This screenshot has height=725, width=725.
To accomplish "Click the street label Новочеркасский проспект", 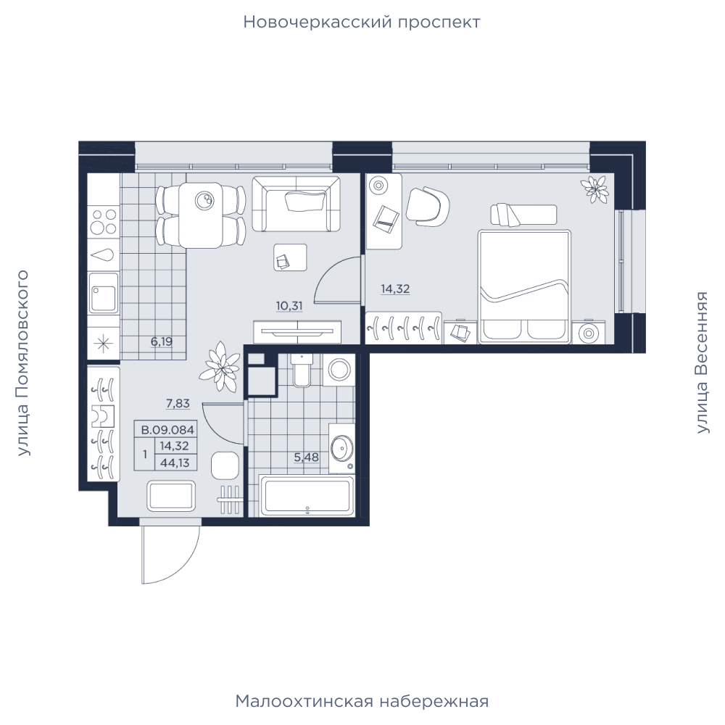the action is click(362, 22).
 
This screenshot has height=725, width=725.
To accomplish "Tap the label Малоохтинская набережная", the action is click(362, 701).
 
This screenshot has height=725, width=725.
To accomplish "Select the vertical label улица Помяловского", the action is click(22, 363).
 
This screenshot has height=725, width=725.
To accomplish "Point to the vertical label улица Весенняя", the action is click(702, 362).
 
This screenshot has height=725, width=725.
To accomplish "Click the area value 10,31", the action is click(289, 306).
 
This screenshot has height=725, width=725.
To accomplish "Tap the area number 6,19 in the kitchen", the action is click(162, 341).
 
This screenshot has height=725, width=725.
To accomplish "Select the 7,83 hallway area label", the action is click(178, 404).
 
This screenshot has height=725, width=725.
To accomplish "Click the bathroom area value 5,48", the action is click(307, 457).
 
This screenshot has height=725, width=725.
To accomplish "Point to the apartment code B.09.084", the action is click(167, 430).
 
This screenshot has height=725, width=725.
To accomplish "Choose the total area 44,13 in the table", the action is click(175, 463).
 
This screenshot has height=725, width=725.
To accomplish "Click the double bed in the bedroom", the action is click(524, 286).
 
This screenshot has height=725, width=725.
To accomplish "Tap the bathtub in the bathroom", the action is click(307, 496).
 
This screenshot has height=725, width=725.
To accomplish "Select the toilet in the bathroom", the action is click(302, 370).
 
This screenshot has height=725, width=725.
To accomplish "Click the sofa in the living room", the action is click(296, 204).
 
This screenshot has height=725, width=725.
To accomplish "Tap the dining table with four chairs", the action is click(201, 215).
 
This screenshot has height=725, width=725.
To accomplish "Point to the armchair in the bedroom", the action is click(428, 206).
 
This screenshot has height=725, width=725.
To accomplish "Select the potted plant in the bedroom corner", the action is click(594, 188).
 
